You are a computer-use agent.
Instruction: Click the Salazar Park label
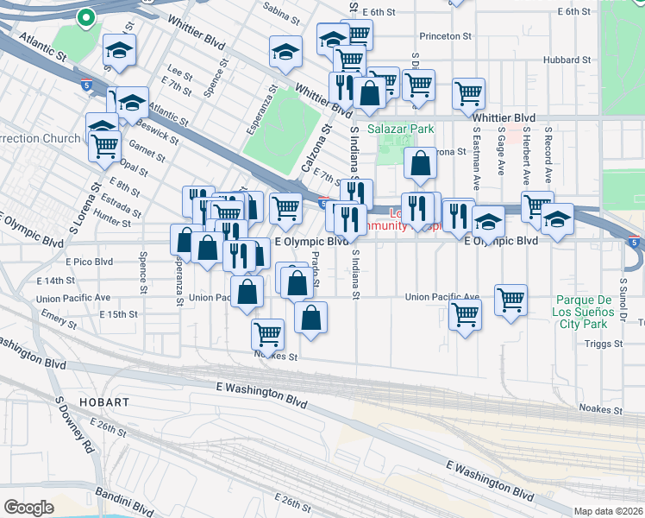tap(400, 129)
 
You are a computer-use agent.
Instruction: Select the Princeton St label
tap(447, 36)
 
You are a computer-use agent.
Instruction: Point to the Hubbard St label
tap(567, 60)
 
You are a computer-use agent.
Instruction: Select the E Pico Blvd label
tap(89, 261)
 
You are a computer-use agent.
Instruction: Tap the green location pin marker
tap(85, 16)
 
